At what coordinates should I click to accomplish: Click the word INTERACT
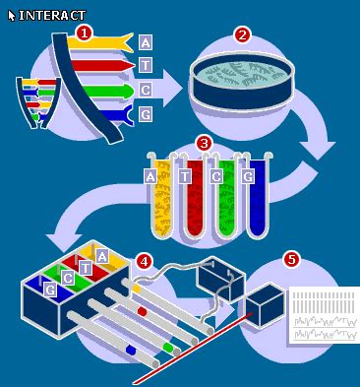[x=52, y=16]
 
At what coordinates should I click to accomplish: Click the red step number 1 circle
[x=85, y=33]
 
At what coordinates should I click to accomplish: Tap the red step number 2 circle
[x=242, y=35]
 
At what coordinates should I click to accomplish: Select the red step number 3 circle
[x=204, y=144]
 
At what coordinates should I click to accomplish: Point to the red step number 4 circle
[x=145, y=262]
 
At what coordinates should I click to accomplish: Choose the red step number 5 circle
[x=291, y=260]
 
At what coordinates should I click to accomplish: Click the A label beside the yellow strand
[x=146, y=42]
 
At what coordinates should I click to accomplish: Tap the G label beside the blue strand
[x=146, y=114]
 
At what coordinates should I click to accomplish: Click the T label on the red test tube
[x=185, y=177]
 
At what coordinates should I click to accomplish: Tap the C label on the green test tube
[x=216, y=177]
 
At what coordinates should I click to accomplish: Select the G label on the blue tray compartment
[x=50, y=290]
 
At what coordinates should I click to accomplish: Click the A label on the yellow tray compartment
[x=102, y=256]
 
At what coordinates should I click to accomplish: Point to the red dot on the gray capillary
[x=142, y=311]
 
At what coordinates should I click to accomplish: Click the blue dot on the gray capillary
[x=131, y=351]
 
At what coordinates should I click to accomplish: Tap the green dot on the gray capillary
[x=168, y=348]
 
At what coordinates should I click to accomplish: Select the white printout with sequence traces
[x=324, y=315]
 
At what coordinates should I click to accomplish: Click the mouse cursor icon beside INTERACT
[x=12, y=16]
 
